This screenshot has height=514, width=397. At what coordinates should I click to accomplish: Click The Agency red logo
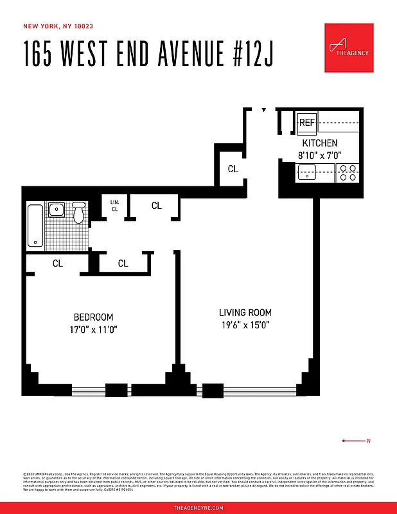(348, 48)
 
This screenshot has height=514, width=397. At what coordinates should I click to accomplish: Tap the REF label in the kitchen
(307, 122)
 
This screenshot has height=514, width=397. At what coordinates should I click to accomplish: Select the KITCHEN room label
(319, 143)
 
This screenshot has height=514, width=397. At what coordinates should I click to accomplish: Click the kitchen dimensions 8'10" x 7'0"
(319, 155)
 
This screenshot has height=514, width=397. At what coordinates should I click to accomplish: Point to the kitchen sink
(307, 172)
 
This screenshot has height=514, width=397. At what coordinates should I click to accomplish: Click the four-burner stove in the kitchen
(348, 172)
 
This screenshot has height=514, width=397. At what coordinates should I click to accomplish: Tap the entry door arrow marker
(263, 111)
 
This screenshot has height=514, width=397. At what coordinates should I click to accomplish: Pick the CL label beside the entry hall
(233, 169)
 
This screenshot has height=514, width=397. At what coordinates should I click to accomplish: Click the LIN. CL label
(115, 206)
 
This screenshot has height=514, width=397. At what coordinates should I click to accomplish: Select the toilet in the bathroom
(79, 211)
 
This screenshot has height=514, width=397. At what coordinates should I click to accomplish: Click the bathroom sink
(56, 209)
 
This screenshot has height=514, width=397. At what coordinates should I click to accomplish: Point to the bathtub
(35, 226)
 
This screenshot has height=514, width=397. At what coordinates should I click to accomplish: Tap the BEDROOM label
(94, 317)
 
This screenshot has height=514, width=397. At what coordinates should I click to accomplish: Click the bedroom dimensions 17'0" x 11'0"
(94, 329)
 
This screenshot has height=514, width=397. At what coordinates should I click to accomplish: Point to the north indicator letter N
(368, 441)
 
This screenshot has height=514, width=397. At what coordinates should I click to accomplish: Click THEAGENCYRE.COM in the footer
(198, 508)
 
